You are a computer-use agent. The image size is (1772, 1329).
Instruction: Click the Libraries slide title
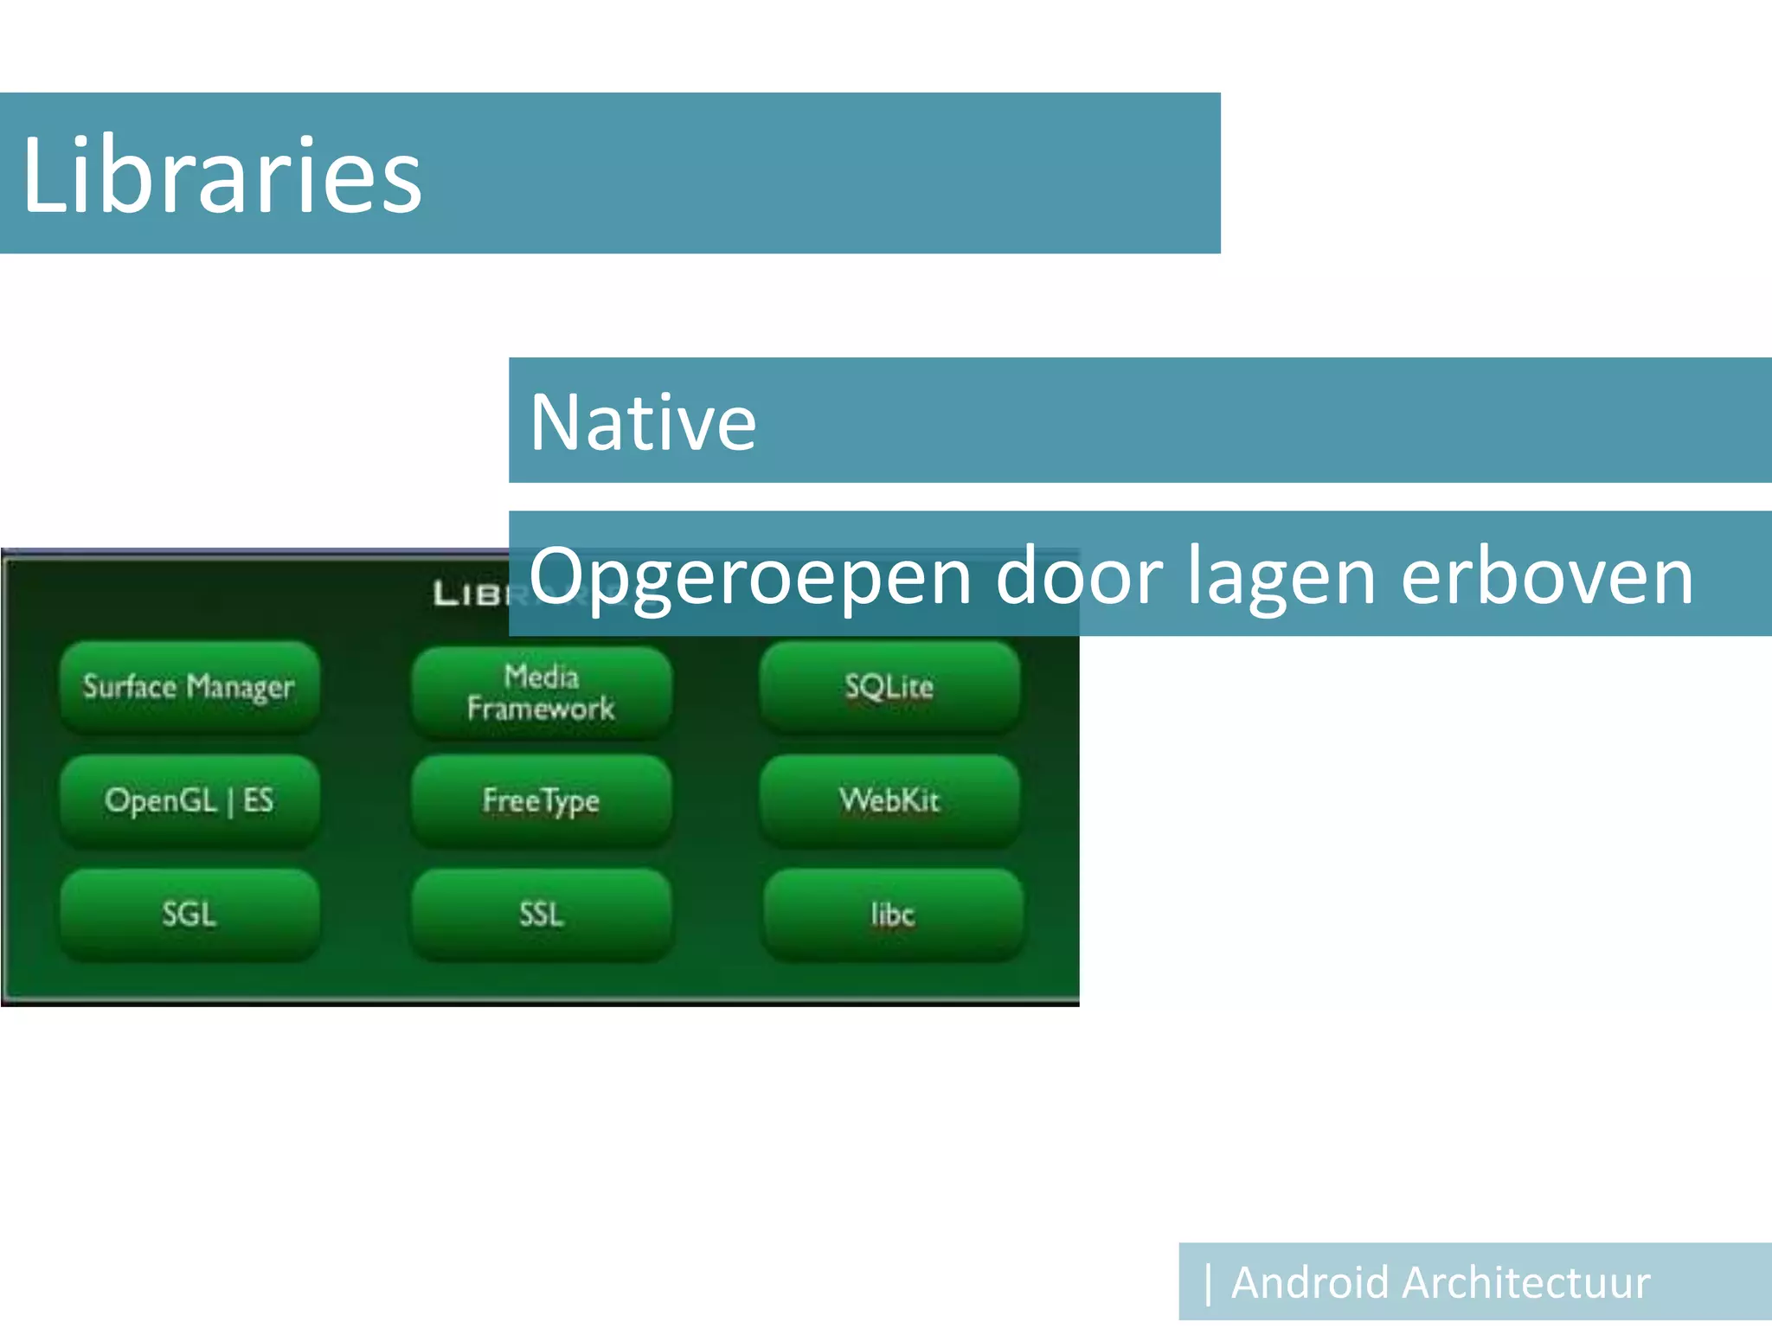point(221,176)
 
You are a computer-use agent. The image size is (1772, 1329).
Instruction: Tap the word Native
point(643,422)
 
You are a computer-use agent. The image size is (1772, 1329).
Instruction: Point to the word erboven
point(1546,576)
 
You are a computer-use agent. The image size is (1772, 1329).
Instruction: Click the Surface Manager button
point(189,687)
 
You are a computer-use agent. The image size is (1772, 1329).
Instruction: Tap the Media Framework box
point(542,692)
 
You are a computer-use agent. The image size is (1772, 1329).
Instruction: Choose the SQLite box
point(889,687)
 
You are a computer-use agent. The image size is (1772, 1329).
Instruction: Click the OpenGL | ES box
point(189,800)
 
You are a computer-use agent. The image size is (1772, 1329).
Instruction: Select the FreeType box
point(542,800)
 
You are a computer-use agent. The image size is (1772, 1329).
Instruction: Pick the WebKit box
point(889,800)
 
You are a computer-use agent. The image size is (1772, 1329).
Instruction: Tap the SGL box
point(189,915)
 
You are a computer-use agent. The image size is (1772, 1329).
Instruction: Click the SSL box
point(542,915)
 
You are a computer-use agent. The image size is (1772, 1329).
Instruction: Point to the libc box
point(892,915)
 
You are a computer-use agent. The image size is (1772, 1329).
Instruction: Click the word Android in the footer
point(1309,1282)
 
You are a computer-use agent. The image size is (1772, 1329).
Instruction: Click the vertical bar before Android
point(1208,1283)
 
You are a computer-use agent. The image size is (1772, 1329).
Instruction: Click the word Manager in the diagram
point(241,688)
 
